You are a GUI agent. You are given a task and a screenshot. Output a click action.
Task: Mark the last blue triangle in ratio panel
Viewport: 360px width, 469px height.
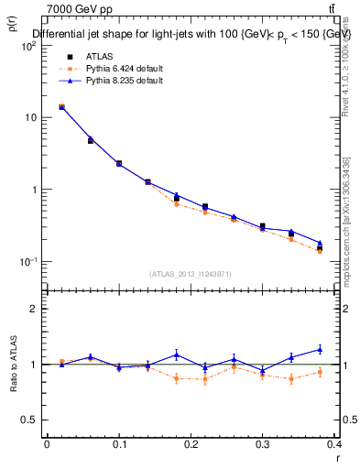tap(320, 349)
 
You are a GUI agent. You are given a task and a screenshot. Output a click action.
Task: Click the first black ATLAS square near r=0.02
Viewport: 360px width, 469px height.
tap(61, 107)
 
